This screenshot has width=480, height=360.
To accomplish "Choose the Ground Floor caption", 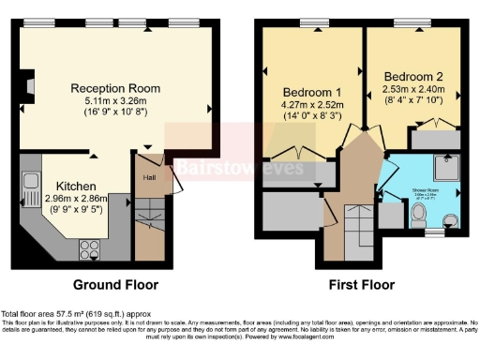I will [x=116, y=284].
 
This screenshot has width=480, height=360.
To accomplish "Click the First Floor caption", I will [x=359, y=284].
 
